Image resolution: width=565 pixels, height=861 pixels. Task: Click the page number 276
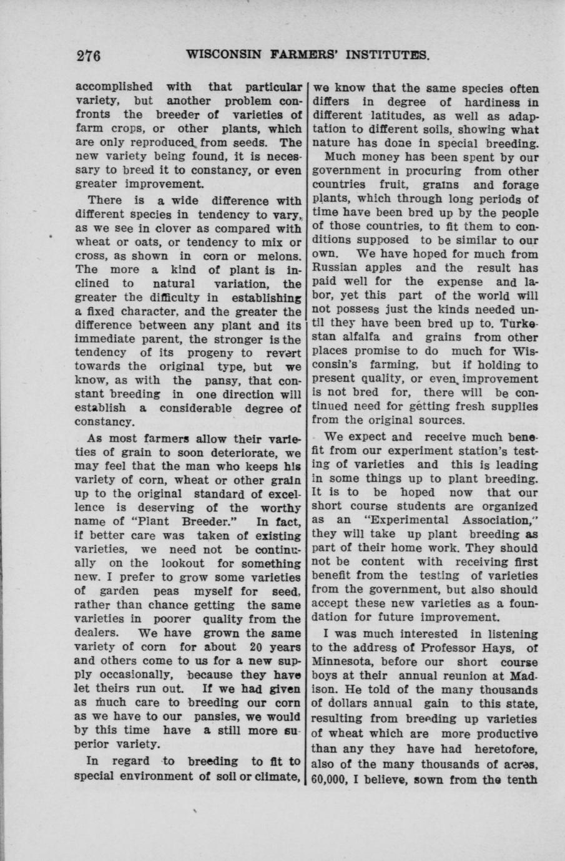click(x=89, y=56)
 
